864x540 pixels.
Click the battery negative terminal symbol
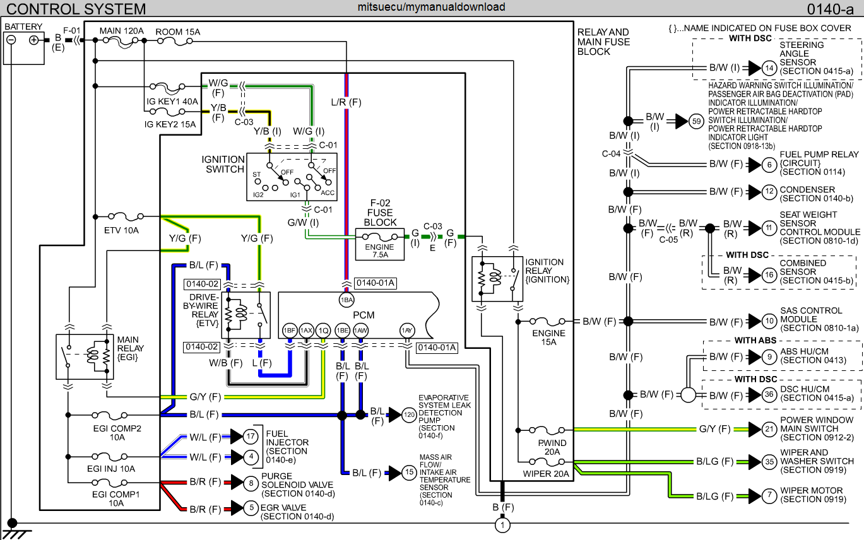(x=11, y=40)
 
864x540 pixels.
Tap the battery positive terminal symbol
(x=34, y=40)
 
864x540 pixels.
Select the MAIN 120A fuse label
(x=122, y=30)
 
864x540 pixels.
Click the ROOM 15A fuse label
(x=178, y=30)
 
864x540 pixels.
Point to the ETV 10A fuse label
(x=121, y=230)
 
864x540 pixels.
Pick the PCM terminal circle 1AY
(x=407, y=330)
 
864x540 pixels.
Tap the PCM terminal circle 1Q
(x=323, y=330)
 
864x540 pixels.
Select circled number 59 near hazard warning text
(x=696, y=122)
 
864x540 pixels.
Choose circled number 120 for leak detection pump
(x=410, y=414)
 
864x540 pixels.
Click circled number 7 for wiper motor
(x=768, y=496)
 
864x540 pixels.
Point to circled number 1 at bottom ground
(x=502, y=525)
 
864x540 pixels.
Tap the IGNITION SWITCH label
(x=223, y=164)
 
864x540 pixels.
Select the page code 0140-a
(x=832, y=9)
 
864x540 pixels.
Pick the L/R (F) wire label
(x=346, y=101)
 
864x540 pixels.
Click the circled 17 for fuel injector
(x=251, y=437)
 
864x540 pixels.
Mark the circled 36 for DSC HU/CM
(x=768, y=395)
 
